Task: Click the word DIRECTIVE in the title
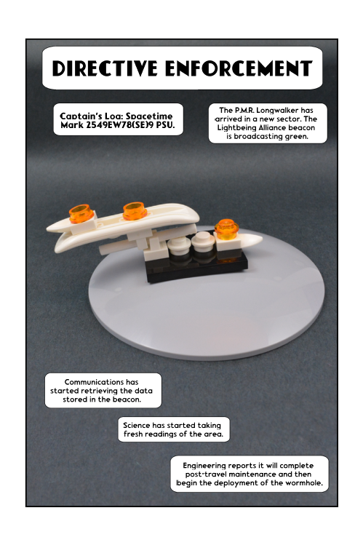click(105, 68)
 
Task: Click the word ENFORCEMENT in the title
click(239, 68)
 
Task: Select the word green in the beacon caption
click(296, 137)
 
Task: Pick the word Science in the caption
click(137, 425)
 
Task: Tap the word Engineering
click(204, 466)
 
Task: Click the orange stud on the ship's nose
click(226, 229)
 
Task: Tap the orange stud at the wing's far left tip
click(81, 213)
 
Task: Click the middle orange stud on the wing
click(135, 211)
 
